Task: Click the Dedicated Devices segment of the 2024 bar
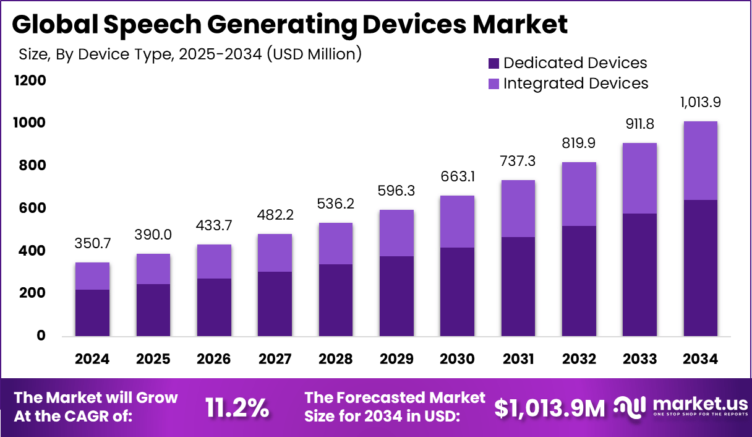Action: (92, 313)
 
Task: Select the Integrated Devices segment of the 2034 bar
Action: (701, 160)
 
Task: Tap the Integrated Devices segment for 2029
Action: (396, 233)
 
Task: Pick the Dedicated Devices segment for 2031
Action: (518, 287)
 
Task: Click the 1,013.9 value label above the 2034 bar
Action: (701, 102)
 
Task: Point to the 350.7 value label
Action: (92, 243)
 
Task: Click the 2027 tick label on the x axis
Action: (275, 359)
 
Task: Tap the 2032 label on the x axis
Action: (579, 359)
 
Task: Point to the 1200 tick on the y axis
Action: (28, 80)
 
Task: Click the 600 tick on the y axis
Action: (32, 208)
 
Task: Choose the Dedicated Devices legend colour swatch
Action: (493, 63)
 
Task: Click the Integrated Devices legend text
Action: (575, 83)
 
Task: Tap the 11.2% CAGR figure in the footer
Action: (237, 407)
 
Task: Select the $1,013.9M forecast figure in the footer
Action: (550, 407)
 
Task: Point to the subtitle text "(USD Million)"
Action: (314, 54)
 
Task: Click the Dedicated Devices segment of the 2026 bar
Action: (214, 307)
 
